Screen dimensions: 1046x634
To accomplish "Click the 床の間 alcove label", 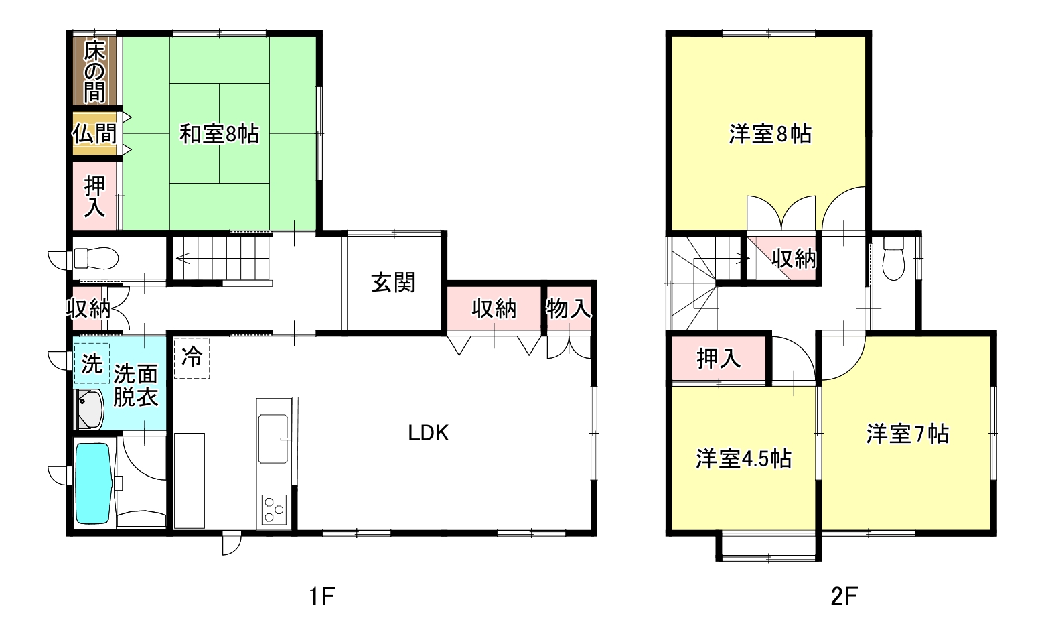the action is (x=94, y=72).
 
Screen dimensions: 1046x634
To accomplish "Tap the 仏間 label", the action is (x=94, y=134).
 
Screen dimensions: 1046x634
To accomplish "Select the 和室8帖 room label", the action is (x=219, y=134).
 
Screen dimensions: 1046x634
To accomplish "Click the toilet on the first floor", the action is (x=96, y=259).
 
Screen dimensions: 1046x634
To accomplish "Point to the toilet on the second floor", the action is (x=894, y=259).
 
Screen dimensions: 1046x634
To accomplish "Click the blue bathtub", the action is (x=93, y=483).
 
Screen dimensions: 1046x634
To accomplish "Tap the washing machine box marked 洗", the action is (x=92, y=363).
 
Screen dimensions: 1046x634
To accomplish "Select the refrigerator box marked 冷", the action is (x=192, y=358).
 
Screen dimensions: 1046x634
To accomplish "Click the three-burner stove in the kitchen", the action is (x=274, y=509).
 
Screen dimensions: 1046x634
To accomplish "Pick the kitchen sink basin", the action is (x=273, y=438).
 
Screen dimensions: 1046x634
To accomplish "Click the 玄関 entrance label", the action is (x=393, y=283).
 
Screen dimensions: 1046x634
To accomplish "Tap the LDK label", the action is (x=428, y=433).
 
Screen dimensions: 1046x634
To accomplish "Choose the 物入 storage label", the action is (x=569, y=309).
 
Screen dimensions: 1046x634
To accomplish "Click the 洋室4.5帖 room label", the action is (x=743, y=458).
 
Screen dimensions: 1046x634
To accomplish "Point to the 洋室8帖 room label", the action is (x=770, y=134).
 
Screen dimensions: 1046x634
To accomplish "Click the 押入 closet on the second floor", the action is (x=719, y=359).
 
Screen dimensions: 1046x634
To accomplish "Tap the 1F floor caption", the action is (x=321, y=596).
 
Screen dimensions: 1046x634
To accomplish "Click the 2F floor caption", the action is (x=844, y=596).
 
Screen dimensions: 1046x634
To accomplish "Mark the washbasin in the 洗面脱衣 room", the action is (x=90, y=409).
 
